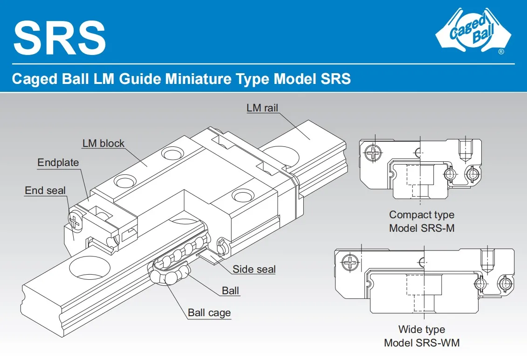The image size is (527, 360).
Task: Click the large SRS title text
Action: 60,37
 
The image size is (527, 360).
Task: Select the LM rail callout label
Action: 262,108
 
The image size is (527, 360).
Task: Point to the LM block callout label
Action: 103,143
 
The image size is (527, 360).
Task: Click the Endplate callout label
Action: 58,163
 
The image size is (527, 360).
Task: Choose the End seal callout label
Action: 45,190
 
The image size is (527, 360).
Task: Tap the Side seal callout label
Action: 254,269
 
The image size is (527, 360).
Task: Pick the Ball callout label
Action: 230,291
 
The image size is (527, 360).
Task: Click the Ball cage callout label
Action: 209,312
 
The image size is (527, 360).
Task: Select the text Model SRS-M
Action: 421,228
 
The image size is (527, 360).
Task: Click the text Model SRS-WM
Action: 421,343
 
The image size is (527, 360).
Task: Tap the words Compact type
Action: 421,215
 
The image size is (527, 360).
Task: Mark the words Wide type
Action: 421,330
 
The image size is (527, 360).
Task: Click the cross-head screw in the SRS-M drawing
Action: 373,152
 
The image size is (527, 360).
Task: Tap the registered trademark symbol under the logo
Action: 501,52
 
